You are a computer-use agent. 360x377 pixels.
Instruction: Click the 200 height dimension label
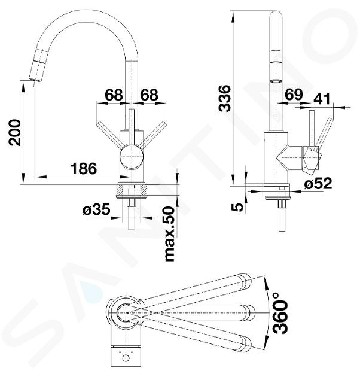click(14, 133)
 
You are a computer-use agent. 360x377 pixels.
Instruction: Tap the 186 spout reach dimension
click(83, 168)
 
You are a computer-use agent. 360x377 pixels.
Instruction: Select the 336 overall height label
click(224, 98)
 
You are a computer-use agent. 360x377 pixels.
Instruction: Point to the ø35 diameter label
click(96, 209)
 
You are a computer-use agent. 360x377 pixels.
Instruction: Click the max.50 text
click(169, 234)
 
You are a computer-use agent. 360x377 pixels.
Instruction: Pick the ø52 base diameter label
click(318, 184)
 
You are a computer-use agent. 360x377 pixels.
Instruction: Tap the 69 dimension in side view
click(294, 95)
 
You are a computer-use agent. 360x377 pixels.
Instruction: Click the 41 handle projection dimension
click(322, 99)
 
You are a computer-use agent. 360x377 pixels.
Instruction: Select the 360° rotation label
click(280, 313)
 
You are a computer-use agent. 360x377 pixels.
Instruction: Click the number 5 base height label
click(238, 207)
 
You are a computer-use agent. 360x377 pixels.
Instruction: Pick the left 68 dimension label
click(114, 95)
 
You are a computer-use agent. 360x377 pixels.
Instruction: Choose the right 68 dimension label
click(150, 95)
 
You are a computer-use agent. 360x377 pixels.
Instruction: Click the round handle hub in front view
click(132, 157)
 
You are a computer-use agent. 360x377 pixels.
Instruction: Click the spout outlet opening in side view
click(276, 81)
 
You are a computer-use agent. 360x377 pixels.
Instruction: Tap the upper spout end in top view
click(245, 281)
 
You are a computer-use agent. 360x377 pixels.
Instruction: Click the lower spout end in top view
click(245, 344)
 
